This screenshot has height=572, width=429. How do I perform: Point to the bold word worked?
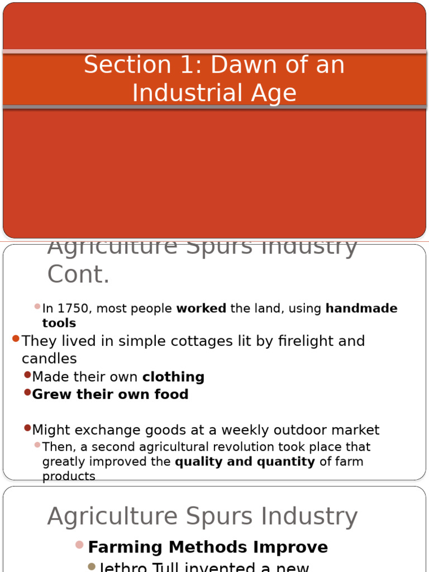pos(201,309)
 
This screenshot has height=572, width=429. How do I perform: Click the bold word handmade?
pos(361,309)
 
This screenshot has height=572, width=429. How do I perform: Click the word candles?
pos(49,358)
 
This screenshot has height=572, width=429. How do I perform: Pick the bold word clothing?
pos(173,377)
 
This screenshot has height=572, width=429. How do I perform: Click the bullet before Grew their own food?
pos(27,393)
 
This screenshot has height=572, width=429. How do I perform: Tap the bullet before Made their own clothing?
pos(27,375)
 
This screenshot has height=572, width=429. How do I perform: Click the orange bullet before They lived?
pos(16,339)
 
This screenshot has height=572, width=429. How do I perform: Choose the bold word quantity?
pos(286,462)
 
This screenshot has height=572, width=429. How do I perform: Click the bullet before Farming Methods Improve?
pos(79,545)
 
